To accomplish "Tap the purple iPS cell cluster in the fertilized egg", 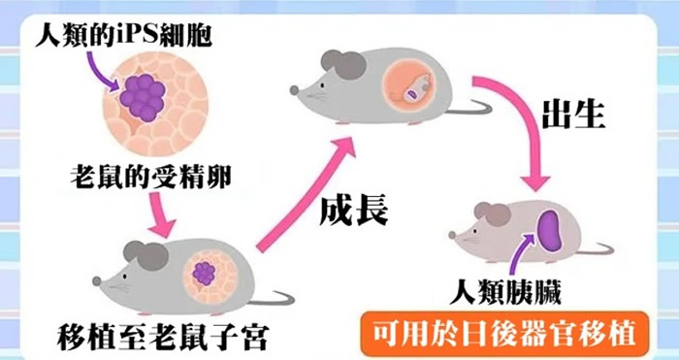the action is coord(146,94).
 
